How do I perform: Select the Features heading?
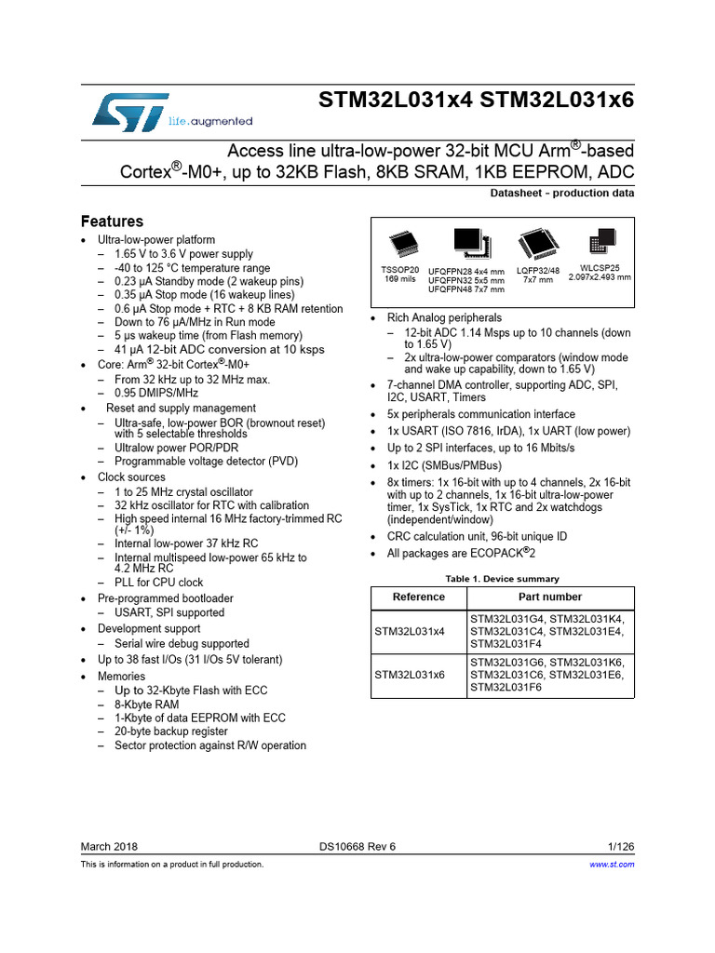(112, 221)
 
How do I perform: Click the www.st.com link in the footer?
(613, 865)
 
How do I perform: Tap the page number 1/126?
(620, 846)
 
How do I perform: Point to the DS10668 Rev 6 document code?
(357, 846)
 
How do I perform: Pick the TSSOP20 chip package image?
(403, 245)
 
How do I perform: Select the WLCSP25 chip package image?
(599, 244)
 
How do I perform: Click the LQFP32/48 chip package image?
(536, 244)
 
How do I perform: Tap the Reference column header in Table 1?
(419, 597)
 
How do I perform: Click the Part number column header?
(550, 597)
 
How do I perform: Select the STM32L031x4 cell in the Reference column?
(410, 631)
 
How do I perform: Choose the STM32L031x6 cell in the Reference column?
(410, 674)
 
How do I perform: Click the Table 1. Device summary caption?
(503, 579)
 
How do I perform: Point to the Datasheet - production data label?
(561, 193)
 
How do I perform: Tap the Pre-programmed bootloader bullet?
(171, 598)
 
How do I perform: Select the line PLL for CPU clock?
(158, 583)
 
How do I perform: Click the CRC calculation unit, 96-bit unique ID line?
(477, 537)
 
